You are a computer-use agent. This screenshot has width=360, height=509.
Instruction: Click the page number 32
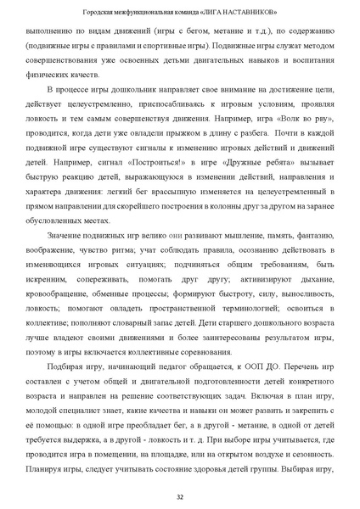pos(180,496)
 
